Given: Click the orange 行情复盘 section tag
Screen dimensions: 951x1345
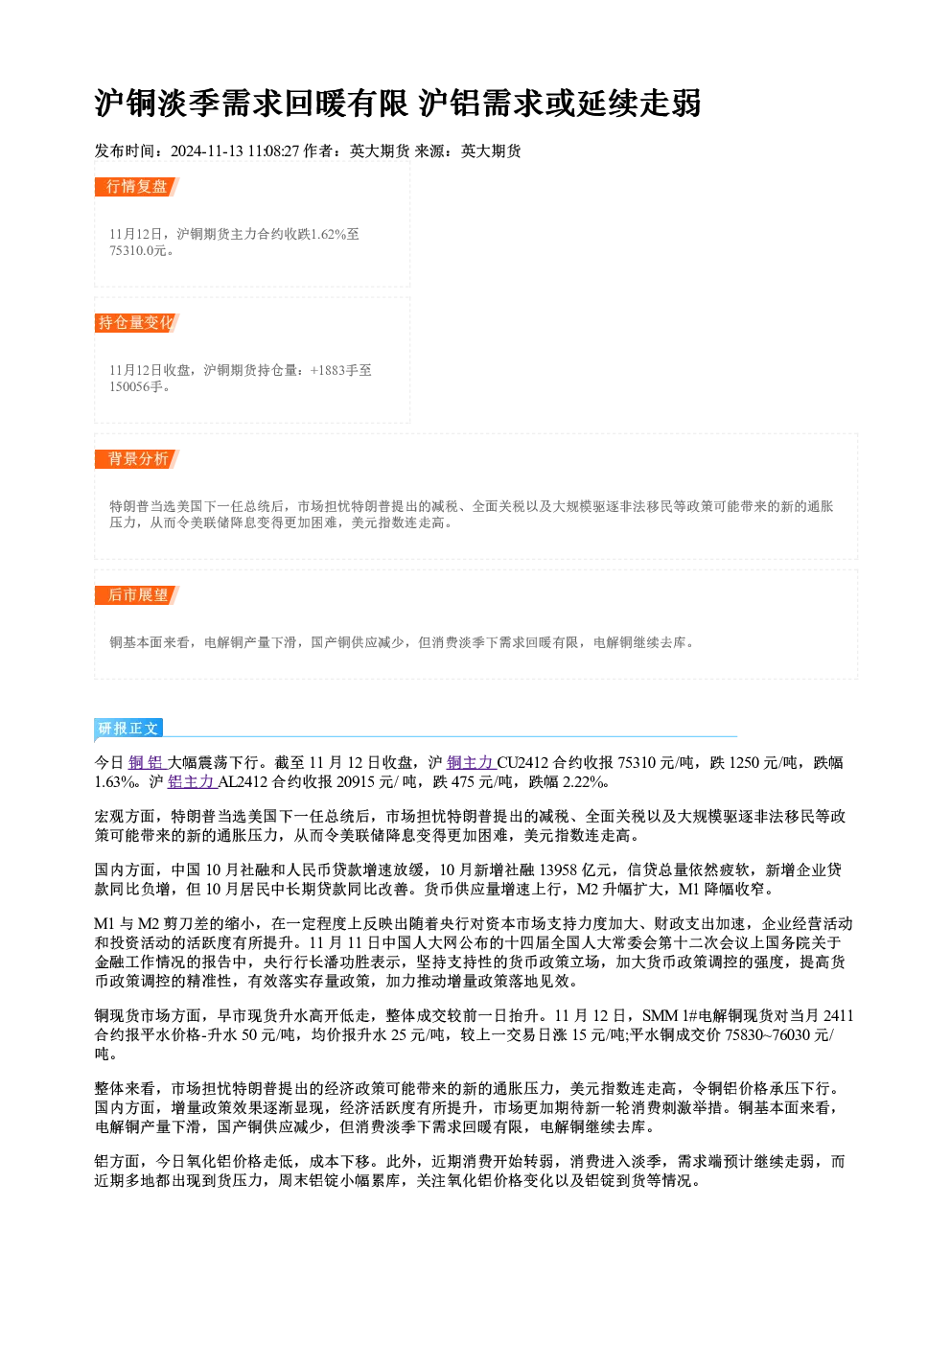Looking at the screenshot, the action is point(136,187).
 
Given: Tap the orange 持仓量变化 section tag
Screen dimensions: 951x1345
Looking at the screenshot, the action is point(136,323).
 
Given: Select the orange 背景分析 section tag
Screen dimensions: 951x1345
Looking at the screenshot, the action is point(136,459).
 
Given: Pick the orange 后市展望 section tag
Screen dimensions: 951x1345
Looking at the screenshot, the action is point(136,595).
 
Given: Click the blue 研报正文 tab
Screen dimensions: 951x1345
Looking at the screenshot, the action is point(128,729).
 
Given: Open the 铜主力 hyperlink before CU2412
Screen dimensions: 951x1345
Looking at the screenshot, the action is point(470,762).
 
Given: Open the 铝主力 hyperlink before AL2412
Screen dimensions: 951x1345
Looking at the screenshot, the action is point(191,781).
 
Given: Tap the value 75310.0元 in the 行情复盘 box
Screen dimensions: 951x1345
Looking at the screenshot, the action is point(137,250).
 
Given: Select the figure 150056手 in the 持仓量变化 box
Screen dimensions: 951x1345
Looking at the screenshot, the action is point(136,386).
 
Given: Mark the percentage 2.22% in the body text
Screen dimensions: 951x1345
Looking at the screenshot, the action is point(583,781).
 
